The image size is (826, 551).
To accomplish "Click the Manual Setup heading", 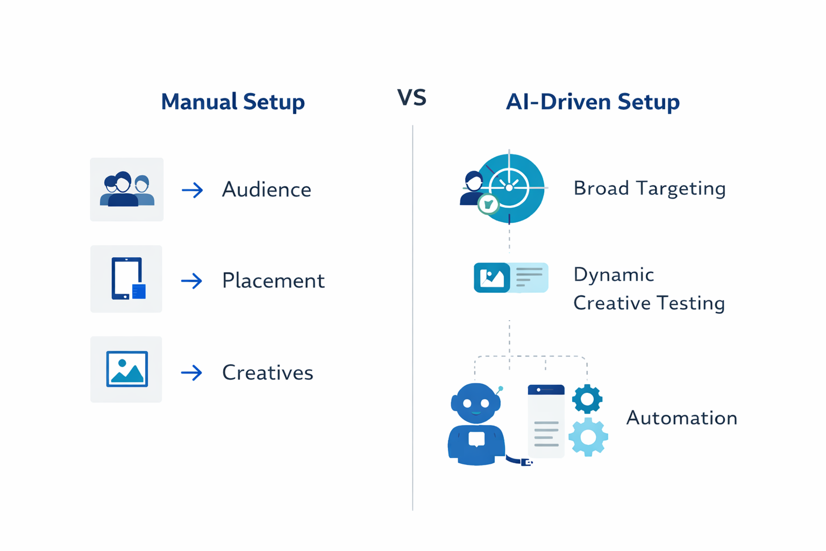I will (232, 102).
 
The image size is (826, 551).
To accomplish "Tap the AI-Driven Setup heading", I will (592, 102).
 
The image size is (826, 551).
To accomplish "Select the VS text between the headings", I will (411, 97).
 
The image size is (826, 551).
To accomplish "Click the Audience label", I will (266, 189).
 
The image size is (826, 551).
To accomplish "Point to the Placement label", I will (273, 280).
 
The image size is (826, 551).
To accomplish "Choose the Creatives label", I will (267, 372).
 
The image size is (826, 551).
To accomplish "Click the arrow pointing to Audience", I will (192, 190).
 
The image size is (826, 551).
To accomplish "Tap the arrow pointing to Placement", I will (191, 281).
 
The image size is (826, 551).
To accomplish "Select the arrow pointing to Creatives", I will (191, 372).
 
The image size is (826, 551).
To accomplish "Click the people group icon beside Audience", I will (127, 189).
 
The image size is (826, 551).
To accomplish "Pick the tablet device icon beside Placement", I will (127, 278).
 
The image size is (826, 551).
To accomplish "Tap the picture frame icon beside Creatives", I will (127, 369).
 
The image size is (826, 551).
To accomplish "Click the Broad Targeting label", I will (649, 188).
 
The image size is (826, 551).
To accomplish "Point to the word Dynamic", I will (614, 274).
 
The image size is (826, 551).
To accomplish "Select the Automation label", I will (681, 418).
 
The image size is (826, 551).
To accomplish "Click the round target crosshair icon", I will (510, 188).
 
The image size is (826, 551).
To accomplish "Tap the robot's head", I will (475, 403).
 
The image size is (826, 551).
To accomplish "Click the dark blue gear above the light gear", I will (587, 399).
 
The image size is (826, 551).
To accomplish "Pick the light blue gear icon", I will (588, 437).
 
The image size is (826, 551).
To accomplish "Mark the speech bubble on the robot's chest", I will (476, 439).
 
